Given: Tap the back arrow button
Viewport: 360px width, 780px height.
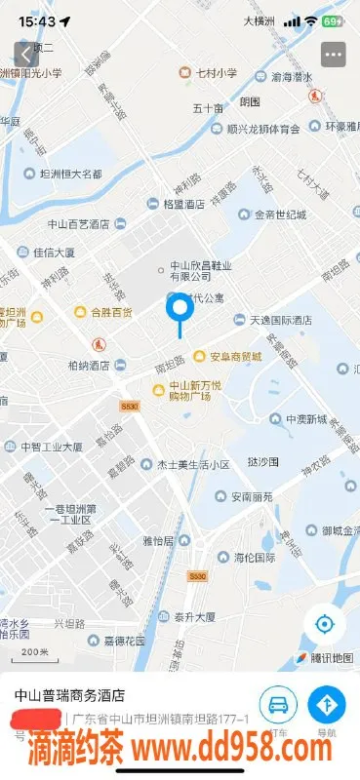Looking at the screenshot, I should [x=24, y=55].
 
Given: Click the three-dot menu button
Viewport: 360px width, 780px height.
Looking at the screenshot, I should [x=335, y=55].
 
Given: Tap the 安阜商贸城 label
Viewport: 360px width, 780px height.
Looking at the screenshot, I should [x=234, y=356].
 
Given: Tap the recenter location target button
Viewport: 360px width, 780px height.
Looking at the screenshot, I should [x=324, y=624].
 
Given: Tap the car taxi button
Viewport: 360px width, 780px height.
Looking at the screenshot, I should [x=278, y=704].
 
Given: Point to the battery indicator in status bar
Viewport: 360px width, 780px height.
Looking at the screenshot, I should [x=332, y=20].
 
